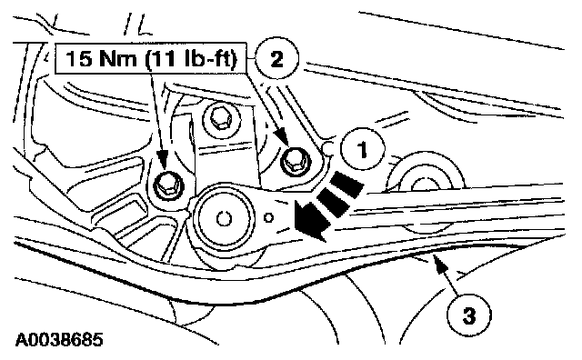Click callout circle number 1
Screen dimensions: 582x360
(363, 149)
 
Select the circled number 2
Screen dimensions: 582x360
(276, 59)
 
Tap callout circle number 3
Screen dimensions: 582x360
(468, 315)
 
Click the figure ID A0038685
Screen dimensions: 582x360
(59, 340)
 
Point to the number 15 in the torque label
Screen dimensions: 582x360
(78, 58)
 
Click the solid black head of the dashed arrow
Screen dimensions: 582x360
(311, 221)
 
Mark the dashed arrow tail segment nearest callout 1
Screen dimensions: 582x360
(347, 184)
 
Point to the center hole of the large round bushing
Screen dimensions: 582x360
(224, 219)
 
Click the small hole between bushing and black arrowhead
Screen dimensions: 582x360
(269, 218)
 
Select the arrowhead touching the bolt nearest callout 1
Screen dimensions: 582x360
(283, 137)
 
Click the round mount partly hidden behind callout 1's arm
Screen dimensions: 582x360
(426, 178)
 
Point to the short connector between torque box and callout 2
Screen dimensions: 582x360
(251, 59)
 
